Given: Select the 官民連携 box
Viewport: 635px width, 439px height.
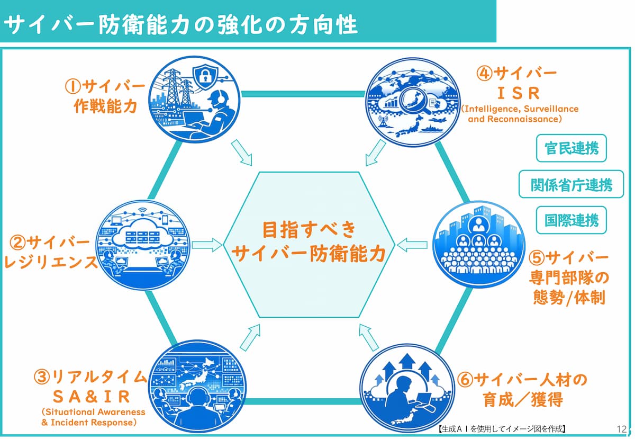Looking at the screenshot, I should (x=571, y=148).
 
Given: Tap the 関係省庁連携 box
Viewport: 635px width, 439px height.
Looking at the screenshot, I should (x=571, y=184).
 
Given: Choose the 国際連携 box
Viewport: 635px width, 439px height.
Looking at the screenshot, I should (x=571, y=219).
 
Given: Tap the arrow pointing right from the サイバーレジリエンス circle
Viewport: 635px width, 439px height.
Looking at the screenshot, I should (x=207, y=245).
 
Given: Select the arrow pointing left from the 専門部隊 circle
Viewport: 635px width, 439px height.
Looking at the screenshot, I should (x=412, y=245).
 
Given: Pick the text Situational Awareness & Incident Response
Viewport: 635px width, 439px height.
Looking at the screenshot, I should (x=93, y=417).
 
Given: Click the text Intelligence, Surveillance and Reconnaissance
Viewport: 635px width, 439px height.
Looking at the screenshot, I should (x=520, y=114).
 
